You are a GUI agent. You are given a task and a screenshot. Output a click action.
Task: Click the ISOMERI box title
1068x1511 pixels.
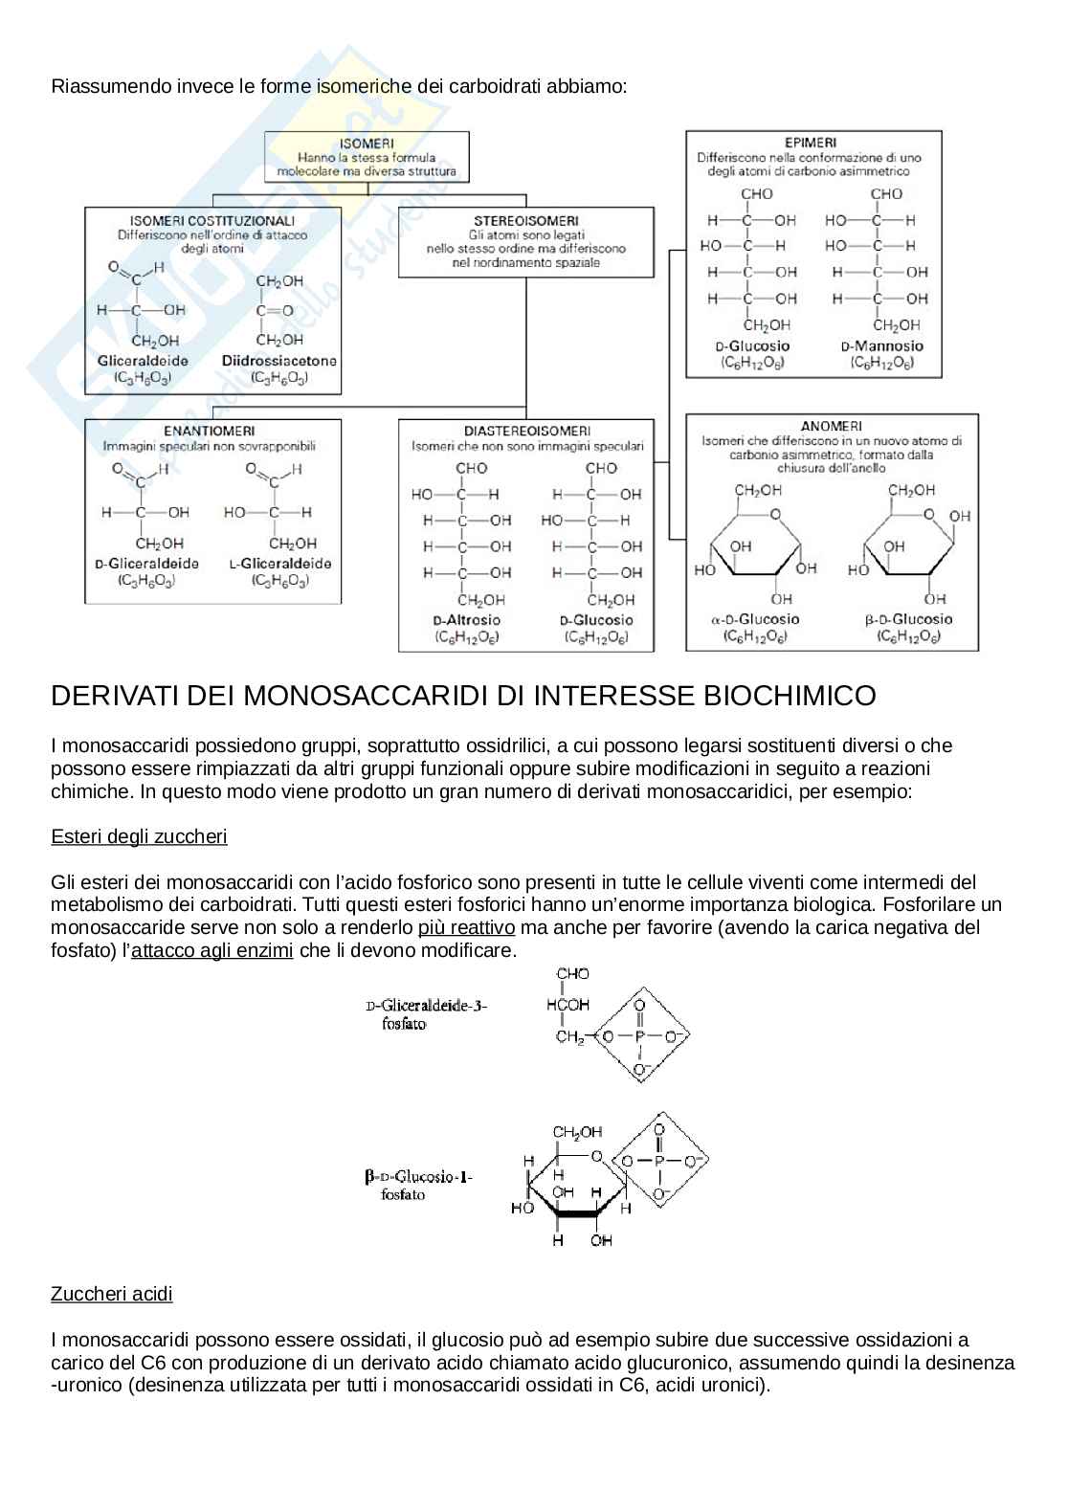coord(367,144)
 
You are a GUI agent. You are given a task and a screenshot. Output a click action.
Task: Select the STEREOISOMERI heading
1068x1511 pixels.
coord(525,220)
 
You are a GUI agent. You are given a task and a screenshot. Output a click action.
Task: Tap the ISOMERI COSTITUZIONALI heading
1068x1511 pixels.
coord(212,220)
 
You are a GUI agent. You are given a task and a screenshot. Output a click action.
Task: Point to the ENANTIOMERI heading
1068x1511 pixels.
coord(209,431)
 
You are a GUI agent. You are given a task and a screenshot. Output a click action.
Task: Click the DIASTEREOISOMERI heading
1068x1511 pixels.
coord(527,431)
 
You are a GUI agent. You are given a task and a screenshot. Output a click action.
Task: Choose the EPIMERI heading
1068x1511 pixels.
coord(810,143)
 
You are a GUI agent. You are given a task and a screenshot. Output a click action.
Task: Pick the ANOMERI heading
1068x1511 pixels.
coord(831,426)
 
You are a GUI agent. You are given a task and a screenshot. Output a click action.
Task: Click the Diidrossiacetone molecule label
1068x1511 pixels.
coord(279,361)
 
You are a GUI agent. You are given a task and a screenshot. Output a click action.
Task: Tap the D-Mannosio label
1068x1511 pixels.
coord(882,345)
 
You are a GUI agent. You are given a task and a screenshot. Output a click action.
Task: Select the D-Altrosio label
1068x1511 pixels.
coord(466,620)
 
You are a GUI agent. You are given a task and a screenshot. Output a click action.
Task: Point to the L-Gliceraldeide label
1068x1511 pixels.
coord(280,564)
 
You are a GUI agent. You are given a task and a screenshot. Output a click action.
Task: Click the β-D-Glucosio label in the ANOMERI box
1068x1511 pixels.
coord(909,619)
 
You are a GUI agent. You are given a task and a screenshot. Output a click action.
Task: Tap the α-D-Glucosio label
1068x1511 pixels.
coord(755,619)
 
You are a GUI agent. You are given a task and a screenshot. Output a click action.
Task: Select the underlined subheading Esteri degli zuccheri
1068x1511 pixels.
coord(139,836)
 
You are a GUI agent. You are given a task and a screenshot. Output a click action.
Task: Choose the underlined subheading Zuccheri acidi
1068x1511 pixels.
coord(112,1294)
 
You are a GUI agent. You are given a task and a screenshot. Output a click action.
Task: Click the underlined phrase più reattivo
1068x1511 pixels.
coord(466,927)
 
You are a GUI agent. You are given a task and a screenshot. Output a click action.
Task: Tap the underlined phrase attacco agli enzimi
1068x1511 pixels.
coord(212,950)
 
